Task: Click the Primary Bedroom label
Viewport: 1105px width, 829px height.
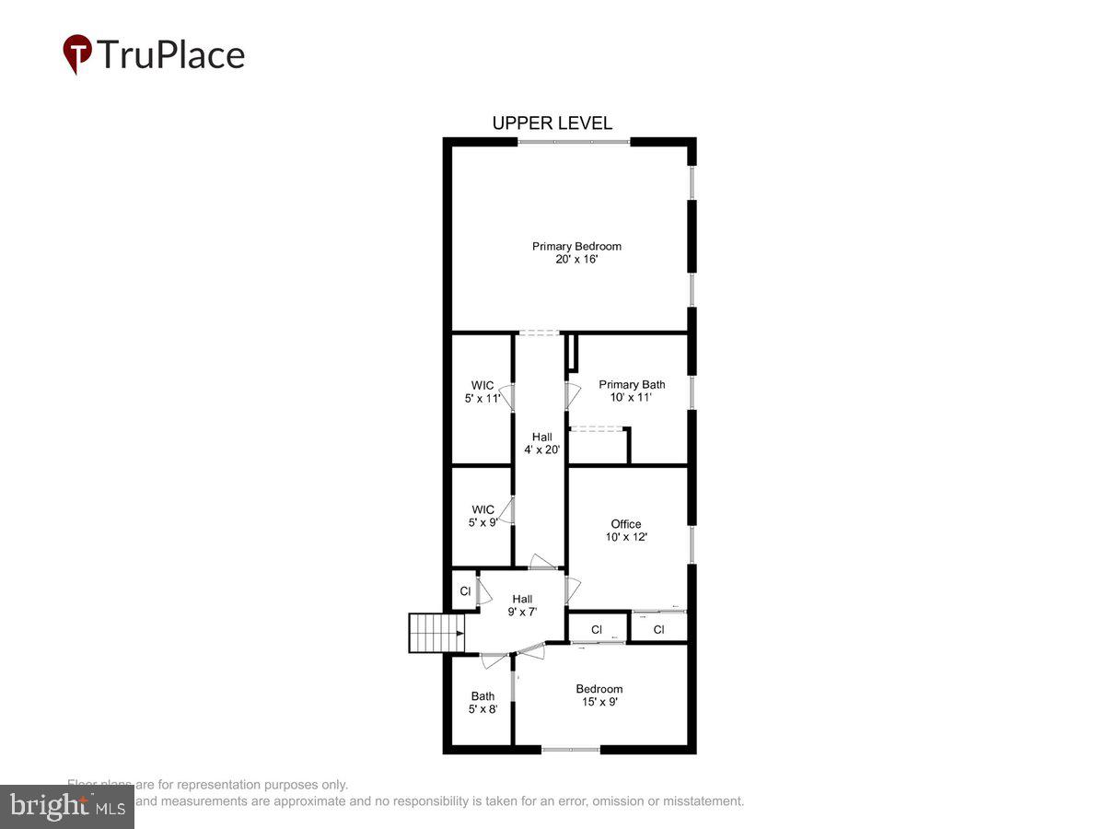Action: click(x=576, y=246)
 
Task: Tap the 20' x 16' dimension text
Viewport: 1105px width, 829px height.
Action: click(x=576, y=260)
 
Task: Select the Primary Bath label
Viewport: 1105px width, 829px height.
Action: click(x=632, y=384)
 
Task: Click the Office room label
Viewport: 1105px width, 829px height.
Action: click(x=626, y=524)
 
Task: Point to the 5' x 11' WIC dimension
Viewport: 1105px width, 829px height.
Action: click(x=483, y=399)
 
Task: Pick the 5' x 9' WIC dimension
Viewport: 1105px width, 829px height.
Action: click(x=483, y=522)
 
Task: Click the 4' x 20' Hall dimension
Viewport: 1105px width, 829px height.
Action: click(x=541, y=450)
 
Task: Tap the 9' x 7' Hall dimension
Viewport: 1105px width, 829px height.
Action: click(x=522, y=612)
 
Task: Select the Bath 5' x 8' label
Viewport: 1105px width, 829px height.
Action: click(x=483, y=703)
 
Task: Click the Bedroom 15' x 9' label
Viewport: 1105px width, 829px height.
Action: click(x=599, y=695)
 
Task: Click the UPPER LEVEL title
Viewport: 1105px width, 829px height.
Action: click(x=552, y=123)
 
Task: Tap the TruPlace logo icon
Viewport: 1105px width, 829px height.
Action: click(x=77, y=54)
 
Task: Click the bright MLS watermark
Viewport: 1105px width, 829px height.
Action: click(x=66, y=807)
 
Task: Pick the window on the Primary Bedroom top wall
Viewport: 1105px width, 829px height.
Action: click(x=574, y=142)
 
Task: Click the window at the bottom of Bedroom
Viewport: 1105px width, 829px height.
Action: click(x=571, y=750)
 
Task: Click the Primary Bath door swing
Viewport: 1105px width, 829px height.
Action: click(x=574, y=394)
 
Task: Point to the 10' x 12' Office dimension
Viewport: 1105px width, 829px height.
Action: click(x=626, y=537)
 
